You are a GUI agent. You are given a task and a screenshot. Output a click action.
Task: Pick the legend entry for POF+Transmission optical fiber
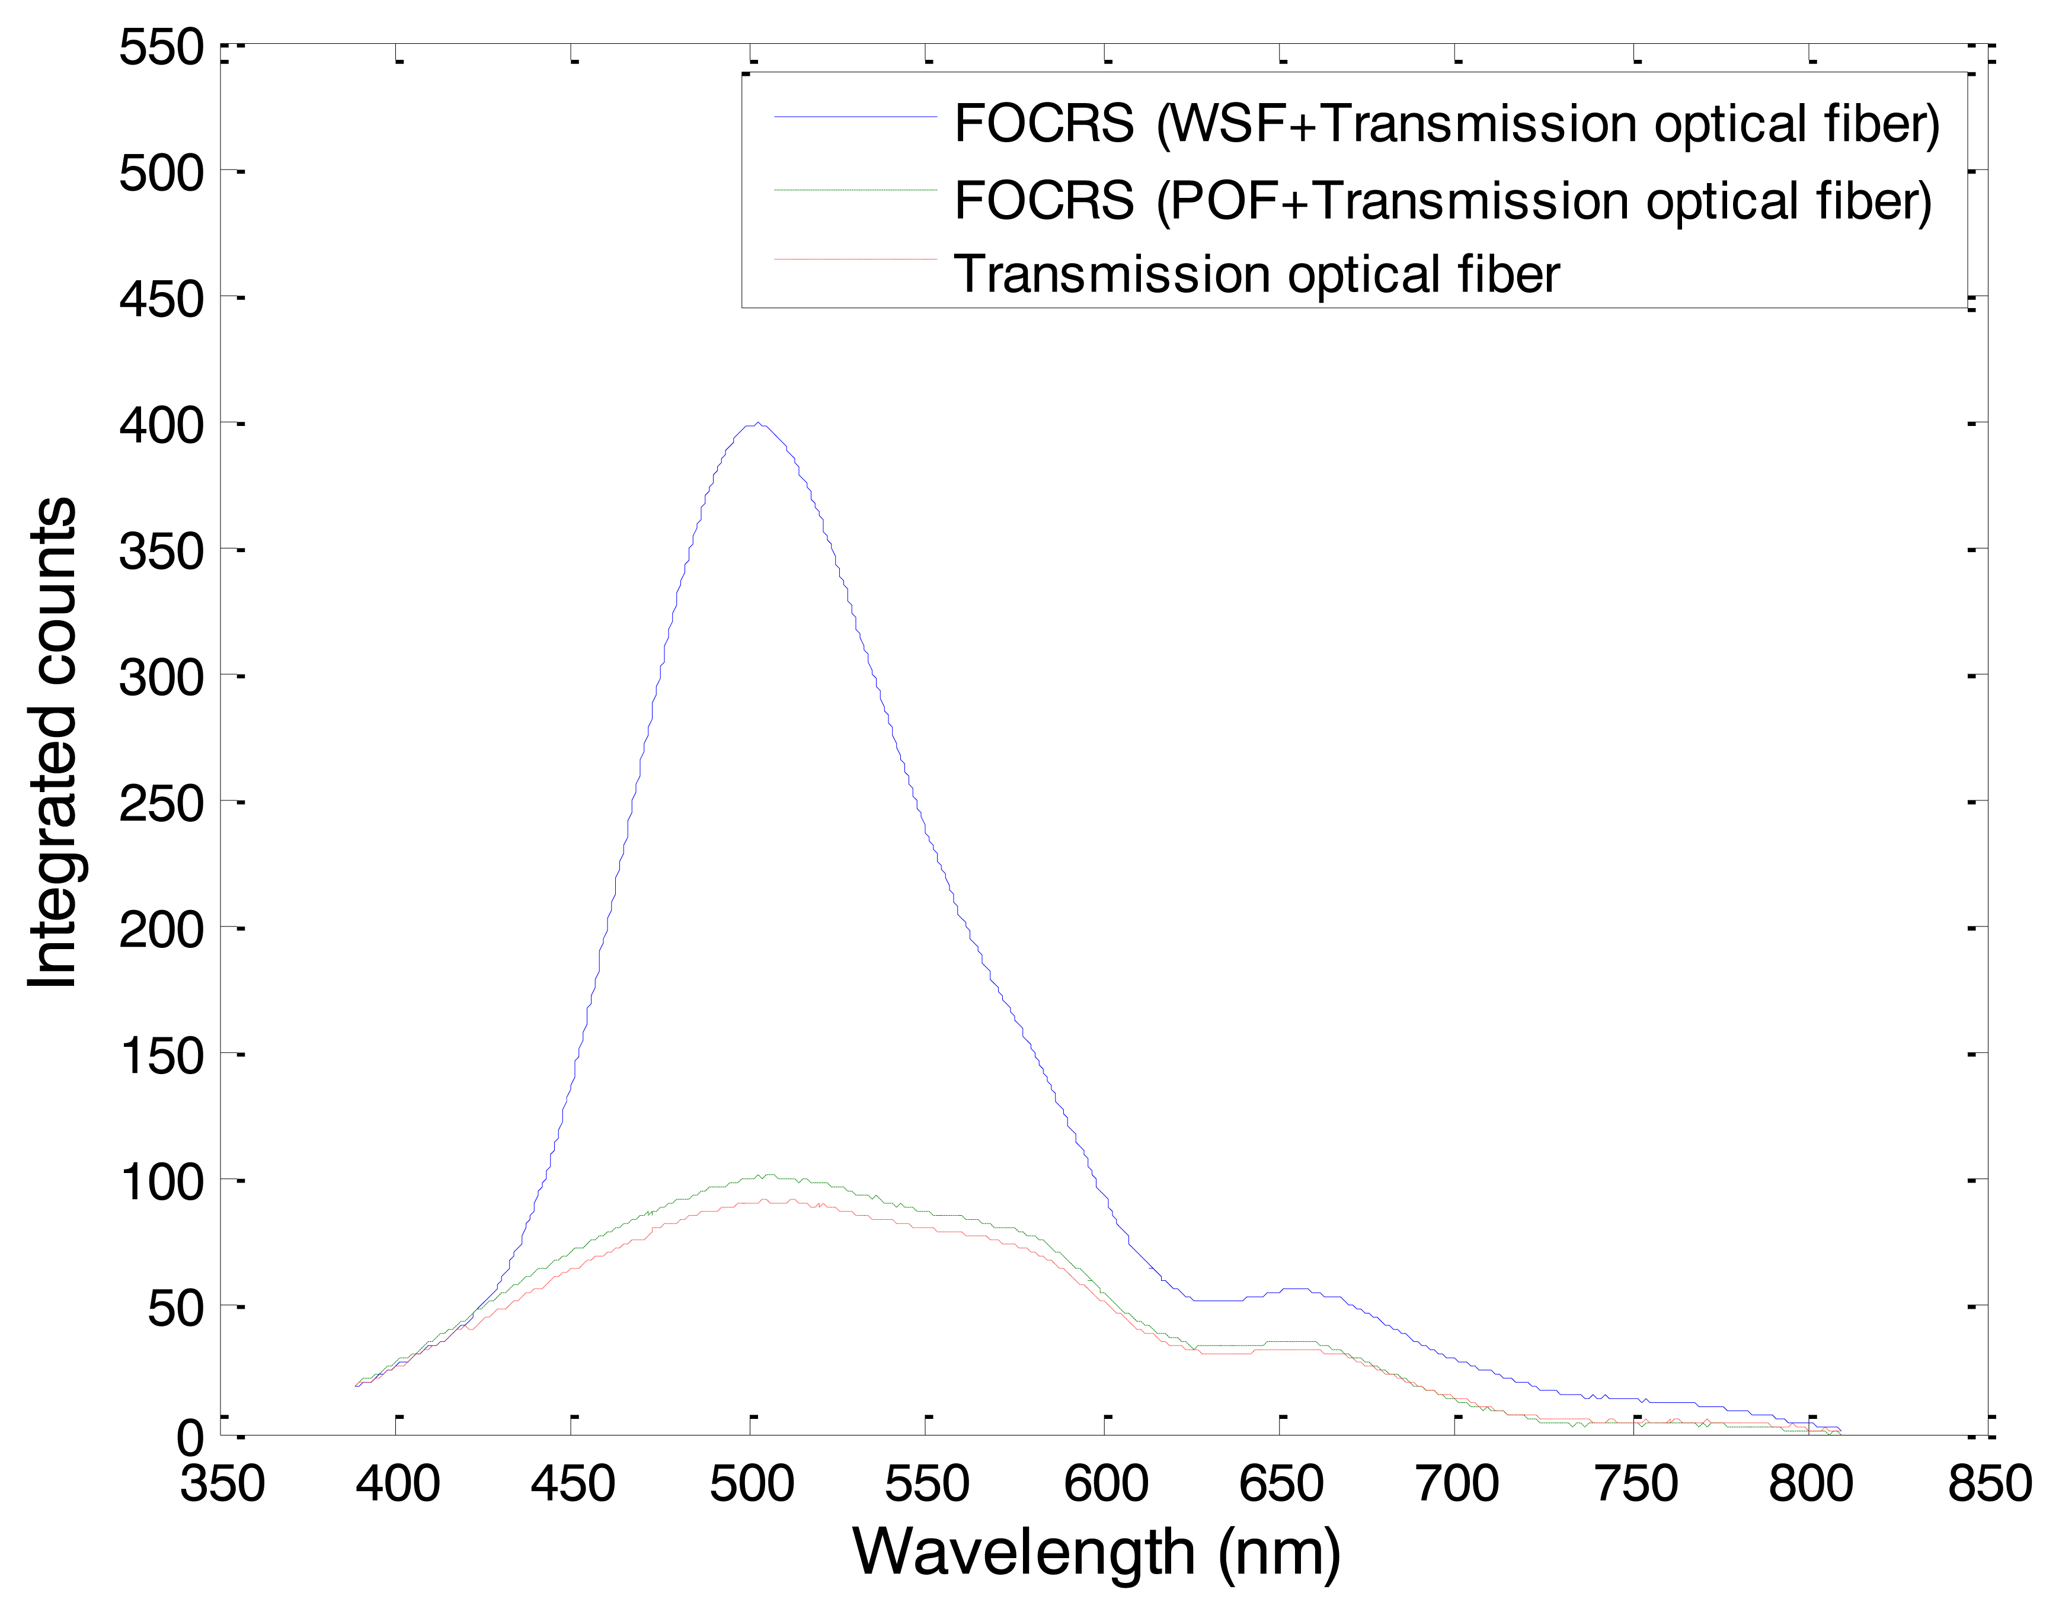(x=1443, y=200)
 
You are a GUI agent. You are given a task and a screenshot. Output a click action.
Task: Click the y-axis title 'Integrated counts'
(x=53, y=743)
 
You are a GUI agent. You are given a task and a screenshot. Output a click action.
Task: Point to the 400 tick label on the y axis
(x=162, y=425)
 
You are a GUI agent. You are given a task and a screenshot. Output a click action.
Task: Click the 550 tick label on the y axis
(x=162, y=46)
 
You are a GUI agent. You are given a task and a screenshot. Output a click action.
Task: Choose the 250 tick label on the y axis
(x=162, y=804)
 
